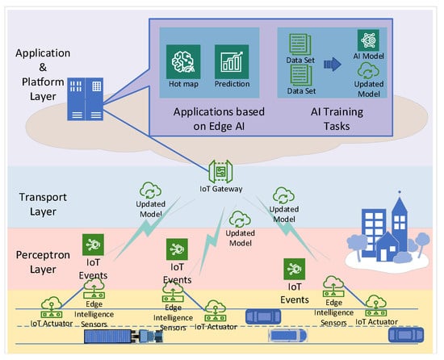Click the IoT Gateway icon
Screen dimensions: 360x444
click(x=220, y=173)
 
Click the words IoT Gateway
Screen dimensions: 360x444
click(x=221, y=190)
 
